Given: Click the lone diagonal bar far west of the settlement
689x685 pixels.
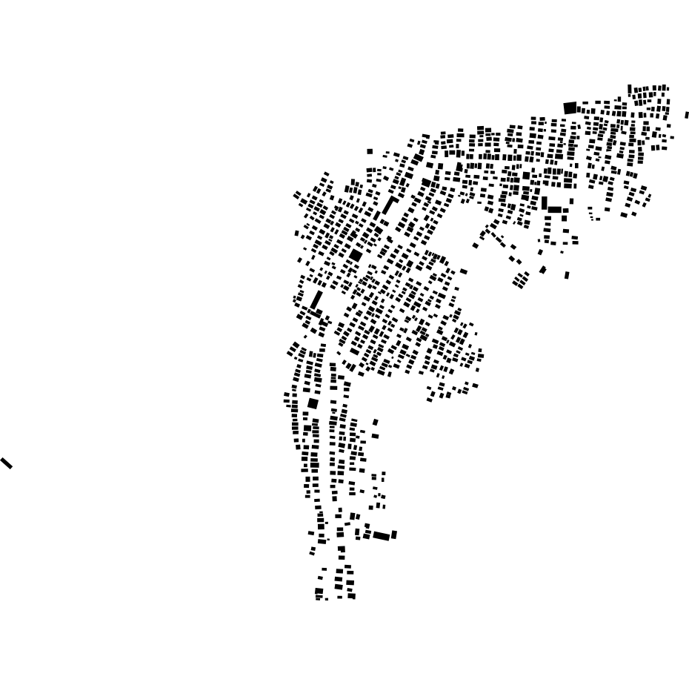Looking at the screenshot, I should (7, 463).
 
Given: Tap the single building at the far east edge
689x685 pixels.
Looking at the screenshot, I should (687, 115).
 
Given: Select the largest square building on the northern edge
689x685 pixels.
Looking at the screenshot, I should (570, 108).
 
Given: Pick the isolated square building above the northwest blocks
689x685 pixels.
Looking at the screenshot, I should (370, 151).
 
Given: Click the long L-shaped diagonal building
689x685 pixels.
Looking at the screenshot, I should (388, 206).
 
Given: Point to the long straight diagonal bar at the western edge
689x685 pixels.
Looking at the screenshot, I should (317, 300).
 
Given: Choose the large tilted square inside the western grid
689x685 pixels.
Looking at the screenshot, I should (356, 255).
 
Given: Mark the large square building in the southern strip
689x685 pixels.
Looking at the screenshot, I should (313, 403).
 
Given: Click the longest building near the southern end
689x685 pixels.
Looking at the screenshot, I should (382, 536).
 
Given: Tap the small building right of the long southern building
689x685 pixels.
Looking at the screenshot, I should (394, 535).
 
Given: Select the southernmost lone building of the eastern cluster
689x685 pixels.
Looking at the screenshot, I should (567, 275).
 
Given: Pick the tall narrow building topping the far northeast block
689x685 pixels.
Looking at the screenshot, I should (630, 90).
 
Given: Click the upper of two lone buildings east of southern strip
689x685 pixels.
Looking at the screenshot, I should (376, 423).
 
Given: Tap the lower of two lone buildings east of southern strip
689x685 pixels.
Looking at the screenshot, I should (376, 436).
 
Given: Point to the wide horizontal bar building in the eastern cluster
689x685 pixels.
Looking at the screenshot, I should (555, 210).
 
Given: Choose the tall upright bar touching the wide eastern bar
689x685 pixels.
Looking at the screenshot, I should (545, 202).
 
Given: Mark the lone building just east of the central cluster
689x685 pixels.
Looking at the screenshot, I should (464, 271).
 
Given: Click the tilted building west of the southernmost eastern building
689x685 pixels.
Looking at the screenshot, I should (543, 270).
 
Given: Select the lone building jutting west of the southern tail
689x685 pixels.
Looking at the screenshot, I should (311, 533).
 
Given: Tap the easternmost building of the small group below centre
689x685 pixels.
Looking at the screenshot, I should (475, 385).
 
